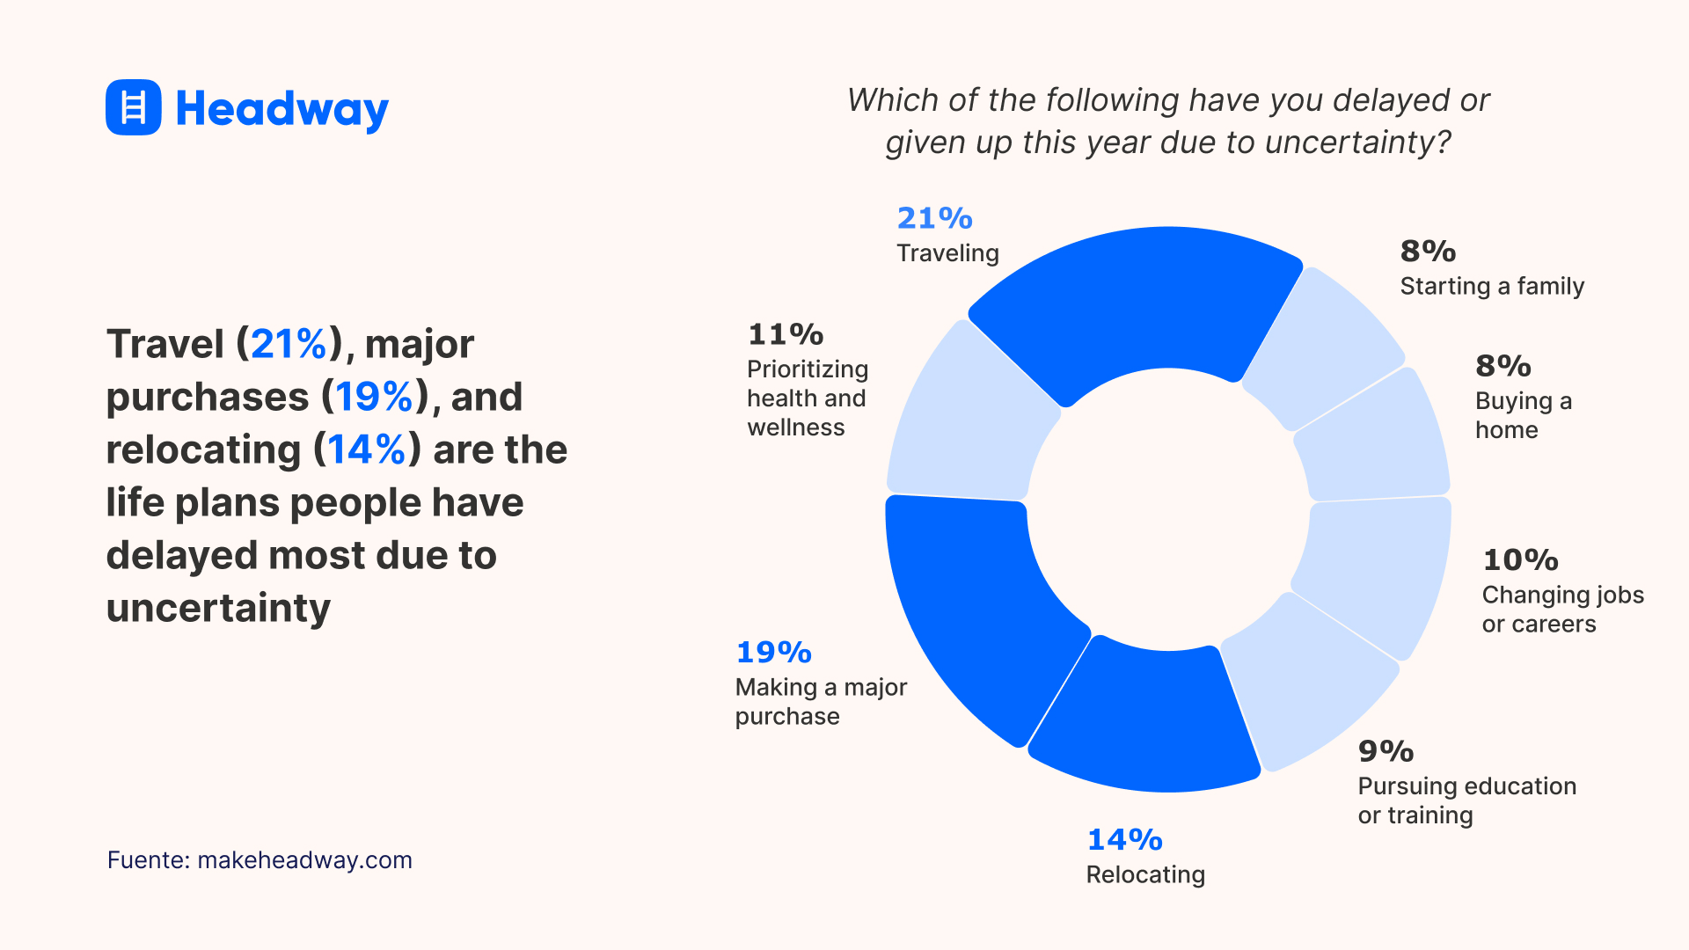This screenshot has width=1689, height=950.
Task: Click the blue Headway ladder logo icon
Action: click(x=133, y=107)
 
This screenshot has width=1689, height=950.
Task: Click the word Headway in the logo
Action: click(x=281, y=110)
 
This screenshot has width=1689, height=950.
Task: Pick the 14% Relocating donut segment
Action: click(x=1144, y=721)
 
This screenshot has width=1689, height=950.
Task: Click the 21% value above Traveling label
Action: click(x=934, y=218)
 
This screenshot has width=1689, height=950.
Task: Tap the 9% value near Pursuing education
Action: click(x=1386, y=751)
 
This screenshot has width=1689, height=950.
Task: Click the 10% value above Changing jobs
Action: click(x=1520, y=559)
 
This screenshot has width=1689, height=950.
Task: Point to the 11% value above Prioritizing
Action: click(x=785, y=334)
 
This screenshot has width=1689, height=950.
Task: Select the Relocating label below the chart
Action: click(x=1145, y=874)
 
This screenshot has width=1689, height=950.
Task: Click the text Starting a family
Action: click(x=1492, y=286)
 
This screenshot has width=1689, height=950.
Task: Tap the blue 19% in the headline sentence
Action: click(x=374, y=397)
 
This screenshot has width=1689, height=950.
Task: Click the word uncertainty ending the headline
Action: click(x=218, y=608)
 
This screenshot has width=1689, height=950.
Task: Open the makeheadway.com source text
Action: click(x=304, y=859)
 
